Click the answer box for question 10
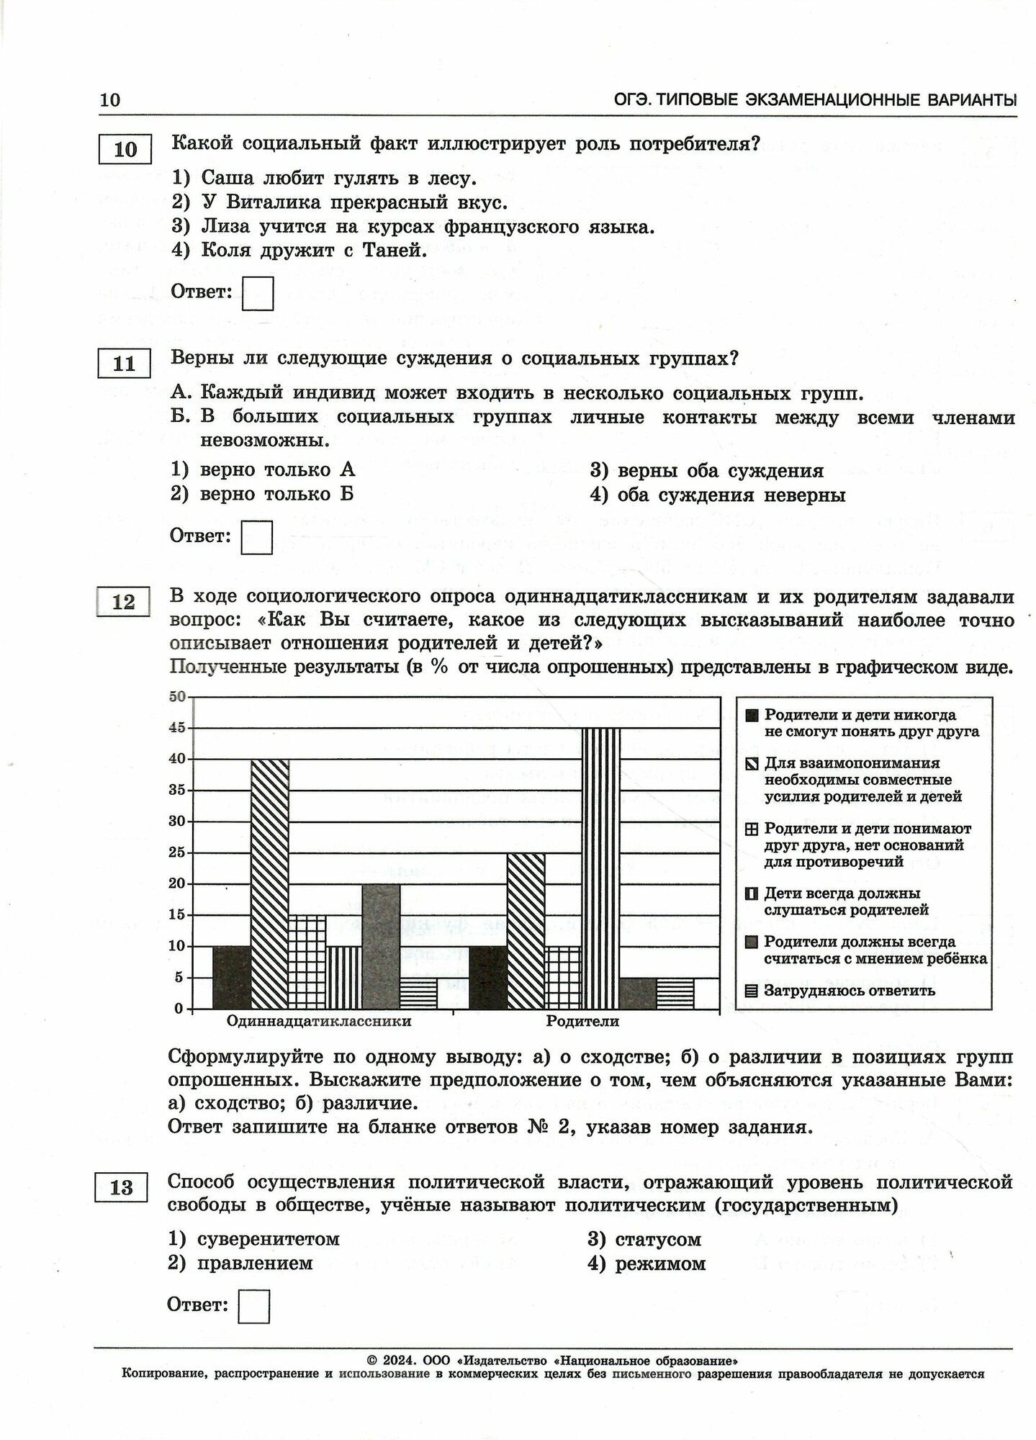click(x=258, y=294)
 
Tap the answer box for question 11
click(x=257, y=537)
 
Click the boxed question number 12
click(x=124, y=601)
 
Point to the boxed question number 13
click(x=121, y=1187)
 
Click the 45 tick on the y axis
click(x=177, y=728)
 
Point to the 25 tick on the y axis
click(x=177, y=853)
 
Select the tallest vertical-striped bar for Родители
click(x=600, y=868)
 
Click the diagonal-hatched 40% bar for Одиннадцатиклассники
click(x=270, y=883)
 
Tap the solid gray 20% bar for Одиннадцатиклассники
click(x=381, y=945)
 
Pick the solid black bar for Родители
click(x=488, y=977)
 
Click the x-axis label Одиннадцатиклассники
click(x=319, y=1021)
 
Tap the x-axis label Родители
click(x=582, y=1021)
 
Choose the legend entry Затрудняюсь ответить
click(x=850, y=991)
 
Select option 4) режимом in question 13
click(x=647, y=1264)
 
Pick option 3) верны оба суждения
click(x=706, y=471)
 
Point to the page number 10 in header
click(x=110, y=100)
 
